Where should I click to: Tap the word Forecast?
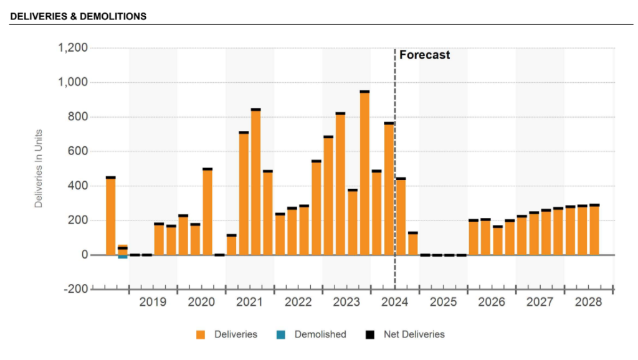(424, 55)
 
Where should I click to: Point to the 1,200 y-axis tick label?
(72, 48)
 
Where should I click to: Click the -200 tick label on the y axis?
(74, 289)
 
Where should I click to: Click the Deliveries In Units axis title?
(39, 169)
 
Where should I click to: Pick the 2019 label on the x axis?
(153, 302)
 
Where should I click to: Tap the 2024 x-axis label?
(394, 302)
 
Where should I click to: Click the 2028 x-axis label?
(588, 302)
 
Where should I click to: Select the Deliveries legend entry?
(236, 334)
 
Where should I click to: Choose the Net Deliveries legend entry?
(412, 334)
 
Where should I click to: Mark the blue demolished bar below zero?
(123, 257)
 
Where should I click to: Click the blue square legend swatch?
(280, 334)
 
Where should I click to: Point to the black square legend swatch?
(369, 334)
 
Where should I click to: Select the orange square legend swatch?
(201, 334)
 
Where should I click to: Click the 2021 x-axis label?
(249, 302)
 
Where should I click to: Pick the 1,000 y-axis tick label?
(72, 82)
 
